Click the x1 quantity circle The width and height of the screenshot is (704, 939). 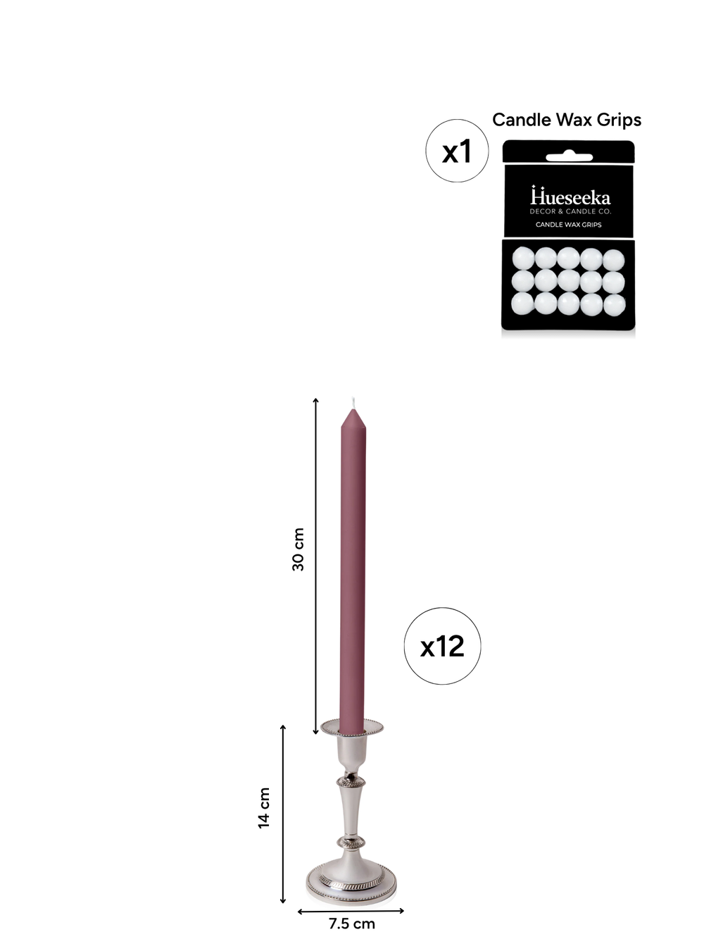coord(456,151)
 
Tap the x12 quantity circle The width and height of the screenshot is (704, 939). coord(442,646)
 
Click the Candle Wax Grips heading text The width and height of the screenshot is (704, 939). coord(567,120)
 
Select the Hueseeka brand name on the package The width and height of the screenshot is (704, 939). coord(570,197)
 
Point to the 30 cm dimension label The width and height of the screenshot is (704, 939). coord(298,549)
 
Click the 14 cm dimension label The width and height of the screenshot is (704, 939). coord(264,808)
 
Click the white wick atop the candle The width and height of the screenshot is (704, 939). coord(353,402)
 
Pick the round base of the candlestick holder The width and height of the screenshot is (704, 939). coord(351,881)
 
